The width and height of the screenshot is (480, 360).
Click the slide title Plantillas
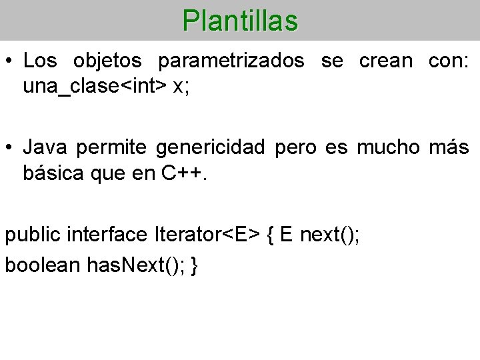coord(240,21)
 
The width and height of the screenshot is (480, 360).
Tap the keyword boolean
coord(43,265)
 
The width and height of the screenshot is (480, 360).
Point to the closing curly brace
coord(194,265)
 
